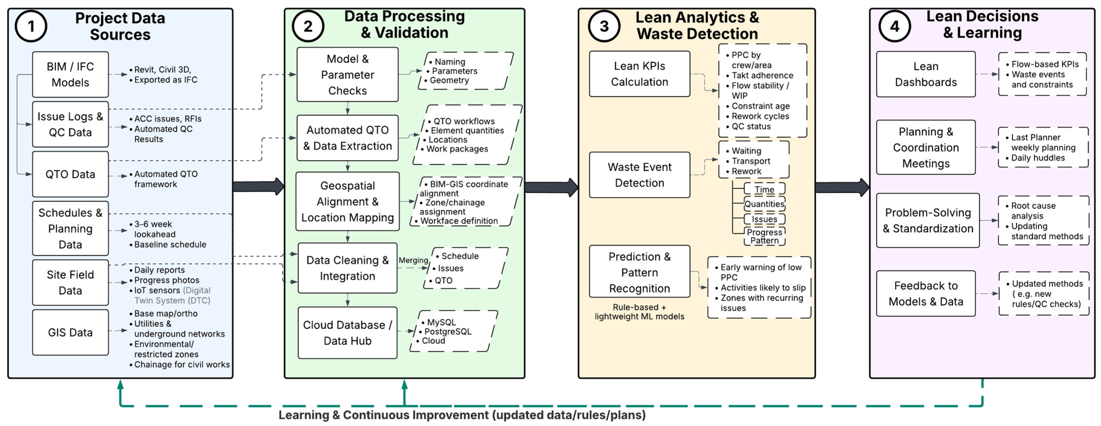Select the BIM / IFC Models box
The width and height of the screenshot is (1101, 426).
[70, 75]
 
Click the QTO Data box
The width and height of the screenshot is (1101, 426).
[70, 174]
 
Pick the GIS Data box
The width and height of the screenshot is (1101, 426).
[70, 332]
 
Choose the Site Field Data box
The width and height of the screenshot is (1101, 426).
[70, 282]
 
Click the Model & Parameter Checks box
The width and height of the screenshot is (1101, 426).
[348, 75]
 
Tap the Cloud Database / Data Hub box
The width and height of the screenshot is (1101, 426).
[348, 333]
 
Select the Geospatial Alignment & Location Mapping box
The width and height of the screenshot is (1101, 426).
[348, 201]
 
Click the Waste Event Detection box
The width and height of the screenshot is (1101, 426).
[639, 175]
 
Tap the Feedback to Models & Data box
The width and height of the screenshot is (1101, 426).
[926, 293]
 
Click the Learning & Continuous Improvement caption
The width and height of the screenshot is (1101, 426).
[462, 415]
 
